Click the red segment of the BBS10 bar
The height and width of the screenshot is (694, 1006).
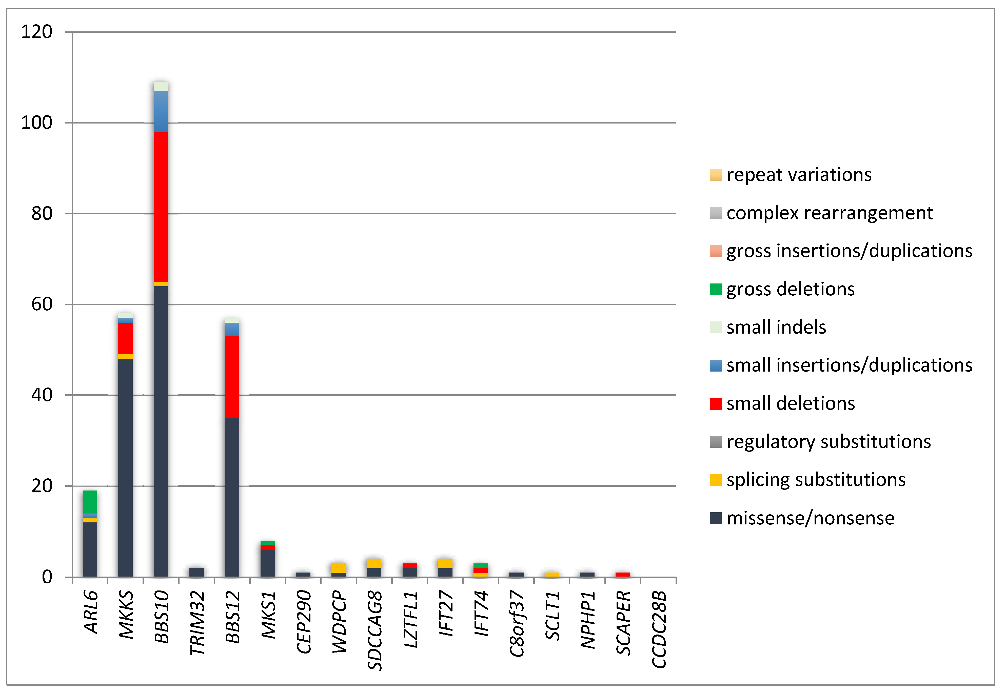[x=161, y=207]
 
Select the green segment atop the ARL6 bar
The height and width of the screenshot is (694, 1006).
[x=90, y=502]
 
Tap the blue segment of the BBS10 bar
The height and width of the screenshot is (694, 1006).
[x=161, y=111]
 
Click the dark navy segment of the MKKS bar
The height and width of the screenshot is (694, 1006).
[x=125, y=467]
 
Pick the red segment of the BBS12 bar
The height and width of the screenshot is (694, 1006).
[x=232, y=377]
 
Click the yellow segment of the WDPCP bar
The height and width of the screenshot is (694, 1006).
[x=338, y=568]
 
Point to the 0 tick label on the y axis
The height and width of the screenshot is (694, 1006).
[x=47, y=577]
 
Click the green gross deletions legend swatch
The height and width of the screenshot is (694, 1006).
[x=716, y=289]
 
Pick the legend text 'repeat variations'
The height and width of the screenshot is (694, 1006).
[x=799, y=175]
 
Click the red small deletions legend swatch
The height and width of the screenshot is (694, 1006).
[x=716, y=403]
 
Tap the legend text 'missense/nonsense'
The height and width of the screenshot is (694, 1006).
[x=810, y=518]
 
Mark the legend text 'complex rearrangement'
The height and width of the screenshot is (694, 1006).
[x=829, y=213]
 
